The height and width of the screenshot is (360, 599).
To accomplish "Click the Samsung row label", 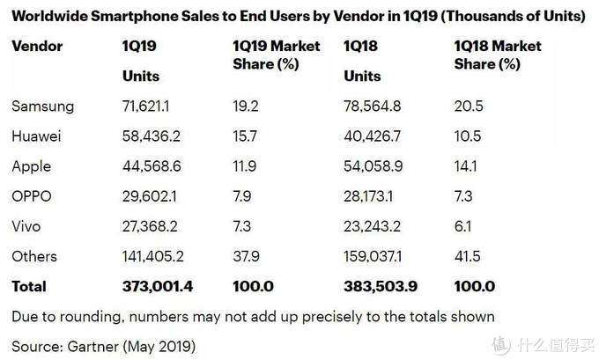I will pyautogui.click(x=42, y=107).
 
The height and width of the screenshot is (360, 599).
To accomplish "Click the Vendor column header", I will pyautogui.click(x=36, y=46).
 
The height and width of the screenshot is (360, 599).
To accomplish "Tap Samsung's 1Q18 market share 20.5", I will pyautogui.click(x=469, y=107).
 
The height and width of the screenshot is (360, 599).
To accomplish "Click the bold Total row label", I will pyautogui.click(x=28, y=286).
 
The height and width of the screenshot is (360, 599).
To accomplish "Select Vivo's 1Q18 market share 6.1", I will pyautogui.click(x=464, y=226).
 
